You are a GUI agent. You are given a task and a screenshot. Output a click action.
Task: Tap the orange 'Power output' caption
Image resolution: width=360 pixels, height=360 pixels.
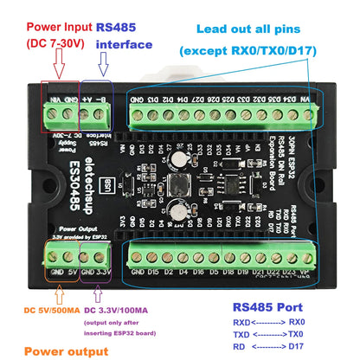[x=66, y=350]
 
